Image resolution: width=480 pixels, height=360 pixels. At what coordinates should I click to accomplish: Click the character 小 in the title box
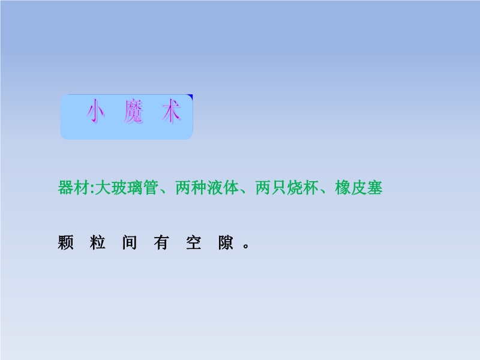(96, 112)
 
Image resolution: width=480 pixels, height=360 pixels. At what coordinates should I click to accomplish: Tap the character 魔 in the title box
(134, 112)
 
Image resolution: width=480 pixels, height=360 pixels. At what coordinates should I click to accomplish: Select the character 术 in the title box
(172, 112)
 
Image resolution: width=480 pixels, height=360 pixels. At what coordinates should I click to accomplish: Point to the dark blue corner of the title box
(190, 97)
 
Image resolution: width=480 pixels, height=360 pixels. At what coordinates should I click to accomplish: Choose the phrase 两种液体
(207, 188)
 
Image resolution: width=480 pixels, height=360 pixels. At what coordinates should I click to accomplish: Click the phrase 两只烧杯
(287, 188)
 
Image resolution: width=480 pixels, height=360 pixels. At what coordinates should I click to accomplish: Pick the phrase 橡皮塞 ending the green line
(359, 188)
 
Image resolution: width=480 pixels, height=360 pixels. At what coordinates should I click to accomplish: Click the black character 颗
(65, 243)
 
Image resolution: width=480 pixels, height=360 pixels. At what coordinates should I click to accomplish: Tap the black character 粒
(98, 243)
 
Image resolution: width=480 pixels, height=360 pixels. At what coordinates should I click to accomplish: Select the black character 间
(130, 243)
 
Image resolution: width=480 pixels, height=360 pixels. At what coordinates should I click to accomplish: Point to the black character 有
(161, 243)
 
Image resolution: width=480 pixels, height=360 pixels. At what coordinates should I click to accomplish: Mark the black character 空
(194, 243)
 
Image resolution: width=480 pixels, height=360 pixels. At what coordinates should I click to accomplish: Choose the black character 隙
(226, 243)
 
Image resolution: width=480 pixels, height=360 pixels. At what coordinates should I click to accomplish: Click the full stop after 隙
(246, 245)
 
